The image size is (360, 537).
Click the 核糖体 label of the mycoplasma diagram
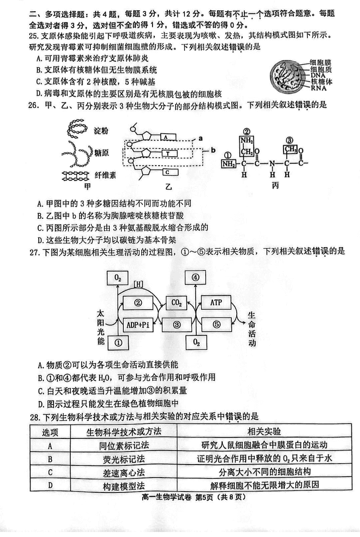click(x=319, y=82)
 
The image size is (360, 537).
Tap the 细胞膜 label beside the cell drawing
click(x=319, y=63)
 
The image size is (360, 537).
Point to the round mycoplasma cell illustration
click(x=286, y=75)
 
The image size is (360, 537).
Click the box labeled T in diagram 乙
click(x=167, y=153)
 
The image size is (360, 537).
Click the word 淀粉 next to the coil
click(x=101, y=131)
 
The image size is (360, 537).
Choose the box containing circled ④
click(x=196, y=278)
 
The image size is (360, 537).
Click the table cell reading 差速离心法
click(x=123, y=472)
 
